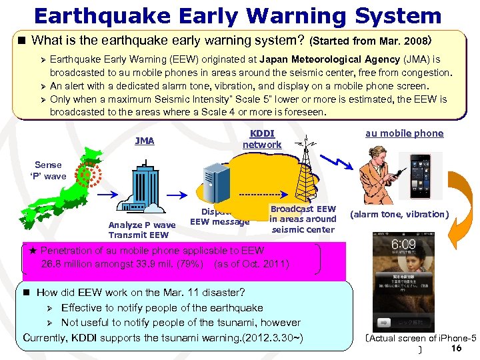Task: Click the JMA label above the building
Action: [x=144, y=141]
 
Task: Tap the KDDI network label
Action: [x=261, y=139]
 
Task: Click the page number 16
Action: [x=457, y=349]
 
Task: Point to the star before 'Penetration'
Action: [x=33, y=251]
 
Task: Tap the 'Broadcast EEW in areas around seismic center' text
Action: [x=303, y=219]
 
